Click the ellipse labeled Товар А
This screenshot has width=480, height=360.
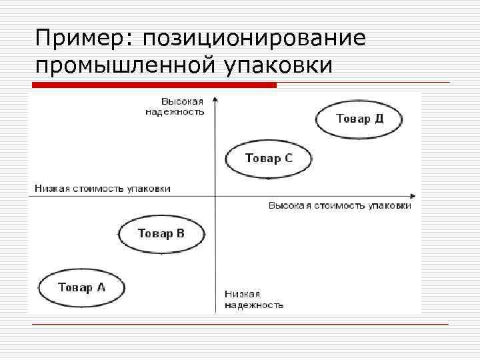pos(81,288)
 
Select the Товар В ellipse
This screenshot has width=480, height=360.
pos(161,234)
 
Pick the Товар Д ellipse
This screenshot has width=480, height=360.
pos(359,119)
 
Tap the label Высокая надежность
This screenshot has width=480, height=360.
pos(175,107)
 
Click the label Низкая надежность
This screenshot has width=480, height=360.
pos(253,299)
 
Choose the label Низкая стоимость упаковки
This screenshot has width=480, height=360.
pos(103,189)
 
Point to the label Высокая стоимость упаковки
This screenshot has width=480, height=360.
pos(339,206)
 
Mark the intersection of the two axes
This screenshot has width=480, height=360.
pos(215,196)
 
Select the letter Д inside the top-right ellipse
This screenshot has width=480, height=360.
pos(379,119)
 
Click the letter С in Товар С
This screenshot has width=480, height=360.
pos(288,159)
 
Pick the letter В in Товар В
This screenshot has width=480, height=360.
pos(180,233)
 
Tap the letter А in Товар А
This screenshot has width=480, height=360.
pos(101,288)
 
